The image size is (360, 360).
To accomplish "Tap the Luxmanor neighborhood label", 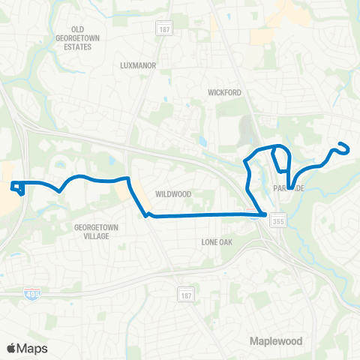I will (x=138, y=65).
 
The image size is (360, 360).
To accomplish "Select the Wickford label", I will (x=223, y=92).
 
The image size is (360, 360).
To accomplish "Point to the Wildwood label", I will (x=173, y=193).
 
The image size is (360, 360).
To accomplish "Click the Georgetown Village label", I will (x=91, y=230).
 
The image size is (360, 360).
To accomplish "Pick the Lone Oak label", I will (x=219, y=241).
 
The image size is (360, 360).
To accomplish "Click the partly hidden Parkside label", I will (x=286, y=188).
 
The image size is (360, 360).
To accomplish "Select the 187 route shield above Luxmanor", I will (x=163, y=28).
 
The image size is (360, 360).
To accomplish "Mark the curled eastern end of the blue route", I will (x=344, y=147).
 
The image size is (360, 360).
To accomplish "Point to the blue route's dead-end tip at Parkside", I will (x=289, y=197).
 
